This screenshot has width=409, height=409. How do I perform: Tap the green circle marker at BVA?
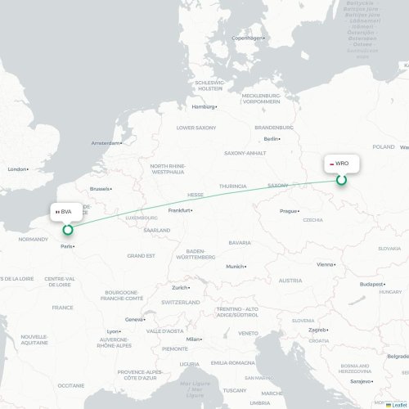tap(68, 230)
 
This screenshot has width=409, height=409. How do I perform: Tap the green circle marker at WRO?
tap(342, 180)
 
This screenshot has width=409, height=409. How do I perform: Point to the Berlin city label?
tap(271, 139)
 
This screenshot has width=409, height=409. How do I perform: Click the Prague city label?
tap(289, 211)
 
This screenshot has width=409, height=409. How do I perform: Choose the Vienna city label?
tap(326, 264)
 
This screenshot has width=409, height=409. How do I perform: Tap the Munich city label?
tap(235, 267)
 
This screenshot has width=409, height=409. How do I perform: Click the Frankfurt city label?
tap(179, 210)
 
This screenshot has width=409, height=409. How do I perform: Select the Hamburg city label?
tap(203, 106)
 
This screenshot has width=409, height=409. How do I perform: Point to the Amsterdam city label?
tap(106, 143)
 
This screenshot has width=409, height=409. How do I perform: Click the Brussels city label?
tap(100, 189)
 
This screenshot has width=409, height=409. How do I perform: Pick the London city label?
tap(17, 169)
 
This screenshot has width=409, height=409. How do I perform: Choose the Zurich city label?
tap(180, 287)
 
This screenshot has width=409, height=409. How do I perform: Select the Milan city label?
tap(193, 339)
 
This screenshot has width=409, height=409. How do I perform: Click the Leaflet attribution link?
tap(397, 404)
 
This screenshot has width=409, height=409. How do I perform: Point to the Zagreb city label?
tap(317, 330)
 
